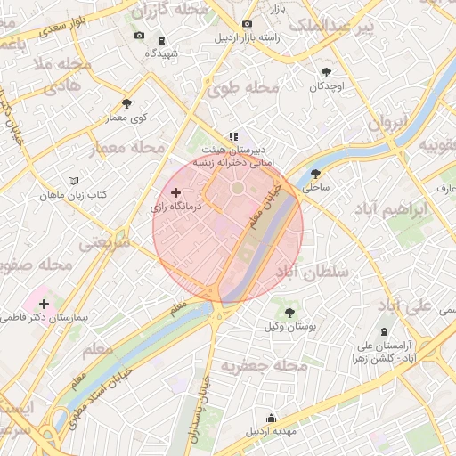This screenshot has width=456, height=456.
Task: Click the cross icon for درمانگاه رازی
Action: point(175,191)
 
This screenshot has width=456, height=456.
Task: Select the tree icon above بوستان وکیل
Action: point(290,312)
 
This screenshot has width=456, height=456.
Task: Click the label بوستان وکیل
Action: point(291,327)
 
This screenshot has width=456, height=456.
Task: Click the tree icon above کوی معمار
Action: point(126,103)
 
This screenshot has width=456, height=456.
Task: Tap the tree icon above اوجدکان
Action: point(327,72)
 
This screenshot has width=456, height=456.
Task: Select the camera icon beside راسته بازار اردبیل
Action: point(247,23)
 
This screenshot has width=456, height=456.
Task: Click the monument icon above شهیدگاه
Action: point(161,39)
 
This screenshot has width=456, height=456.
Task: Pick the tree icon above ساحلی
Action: point(315,174)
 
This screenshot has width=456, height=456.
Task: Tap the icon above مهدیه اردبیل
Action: point(271,418)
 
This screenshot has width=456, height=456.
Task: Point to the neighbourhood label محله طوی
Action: point(243,89)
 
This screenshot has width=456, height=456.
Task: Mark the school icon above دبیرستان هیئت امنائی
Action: point(233,136)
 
